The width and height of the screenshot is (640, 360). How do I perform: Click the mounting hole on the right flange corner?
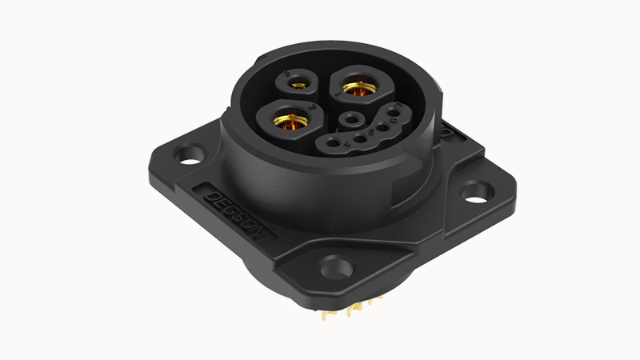coord(475,191)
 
